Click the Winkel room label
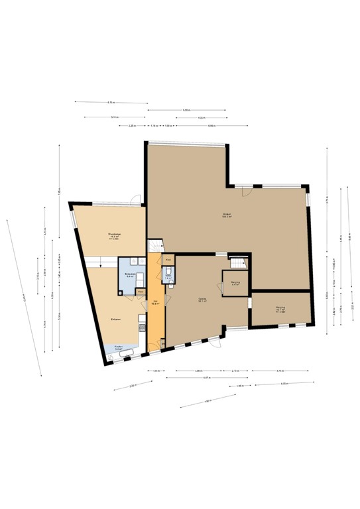pyautogui.click(x=225, y=215)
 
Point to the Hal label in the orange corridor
pyautogui.click(x=155, y=303)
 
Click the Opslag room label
pyautogui.click(x=202, y=301)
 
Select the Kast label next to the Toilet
pyautogui.click(x=168, y=259)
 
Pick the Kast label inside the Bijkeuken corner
pyautogui.click(x=141, y=291)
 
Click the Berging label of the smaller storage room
pyautogui.click(x=235, y=283)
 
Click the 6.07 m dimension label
pyautogui.click(x=207, y=378)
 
